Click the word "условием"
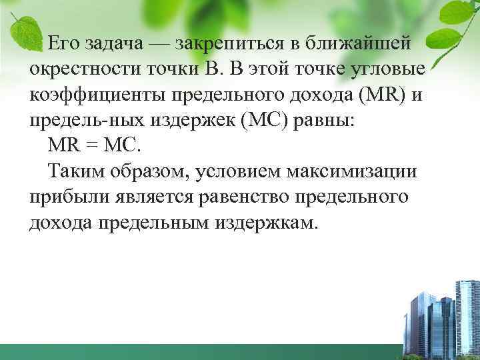[x=248, y=170]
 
